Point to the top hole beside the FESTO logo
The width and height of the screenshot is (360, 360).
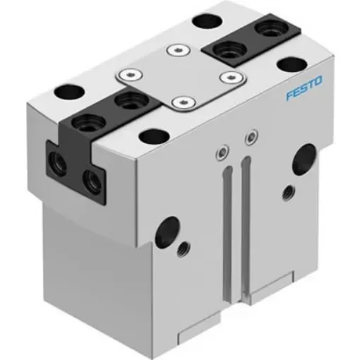[290, 66]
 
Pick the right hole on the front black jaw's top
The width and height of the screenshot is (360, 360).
[127, 102]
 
